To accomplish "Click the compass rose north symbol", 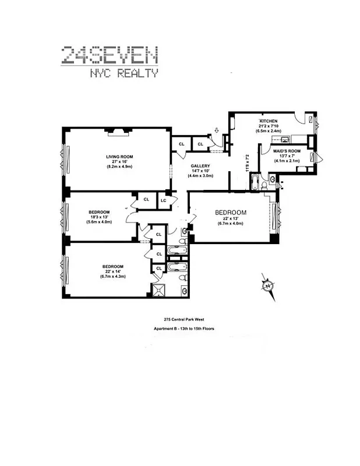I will (x=268, y=286).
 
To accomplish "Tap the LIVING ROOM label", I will (x=119, y=156).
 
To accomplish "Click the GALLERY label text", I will (x=200, y=166).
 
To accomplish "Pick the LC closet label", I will (x=164, y=200).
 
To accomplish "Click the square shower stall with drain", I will (x=159, y=290).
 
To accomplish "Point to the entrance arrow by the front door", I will (x=217, y=132).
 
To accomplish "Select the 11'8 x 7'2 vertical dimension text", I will (x=247, y=165).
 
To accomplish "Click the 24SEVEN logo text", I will (x=110, y=55).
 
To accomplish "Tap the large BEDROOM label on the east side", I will (x=231, y=212).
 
